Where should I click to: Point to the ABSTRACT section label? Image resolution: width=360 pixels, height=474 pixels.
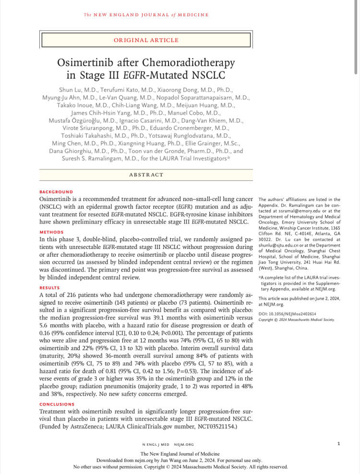tap(146, 175)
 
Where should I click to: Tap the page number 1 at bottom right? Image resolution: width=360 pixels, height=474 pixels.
tap(338, 443)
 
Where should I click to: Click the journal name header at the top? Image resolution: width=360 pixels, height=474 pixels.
tap(146, 15)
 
